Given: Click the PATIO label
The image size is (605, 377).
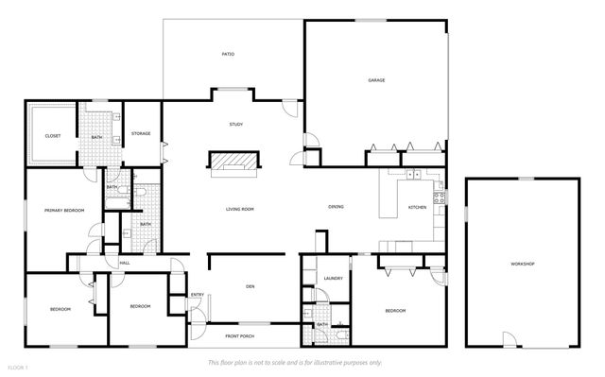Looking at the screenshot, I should tap(228, 55).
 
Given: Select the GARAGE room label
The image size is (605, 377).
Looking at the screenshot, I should tap(375, 80).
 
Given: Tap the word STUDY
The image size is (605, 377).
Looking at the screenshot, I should tap(235, 125).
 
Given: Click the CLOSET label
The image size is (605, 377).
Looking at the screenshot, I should tap(53, 136).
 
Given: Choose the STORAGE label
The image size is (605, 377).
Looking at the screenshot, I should tap(141, 133).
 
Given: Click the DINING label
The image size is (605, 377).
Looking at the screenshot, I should tap(336, 207).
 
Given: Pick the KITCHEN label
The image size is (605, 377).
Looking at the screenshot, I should tap(417, 207).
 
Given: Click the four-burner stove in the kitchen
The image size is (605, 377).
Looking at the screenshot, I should tap(439, 197).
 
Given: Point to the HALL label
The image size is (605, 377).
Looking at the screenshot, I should tap(124, 263).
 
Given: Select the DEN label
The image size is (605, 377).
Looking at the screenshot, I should tap(251, 286).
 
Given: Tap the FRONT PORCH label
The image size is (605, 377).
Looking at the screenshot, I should tap(239, 335).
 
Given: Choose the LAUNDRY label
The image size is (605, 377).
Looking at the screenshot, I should tap(332, 278).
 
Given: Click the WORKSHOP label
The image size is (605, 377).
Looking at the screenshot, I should tap(523, 264).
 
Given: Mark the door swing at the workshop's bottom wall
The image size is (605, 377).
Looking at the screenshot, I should tap(510, 340).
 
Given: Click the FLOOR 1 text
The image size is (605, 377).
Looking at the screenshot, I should tap(19, 366).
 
